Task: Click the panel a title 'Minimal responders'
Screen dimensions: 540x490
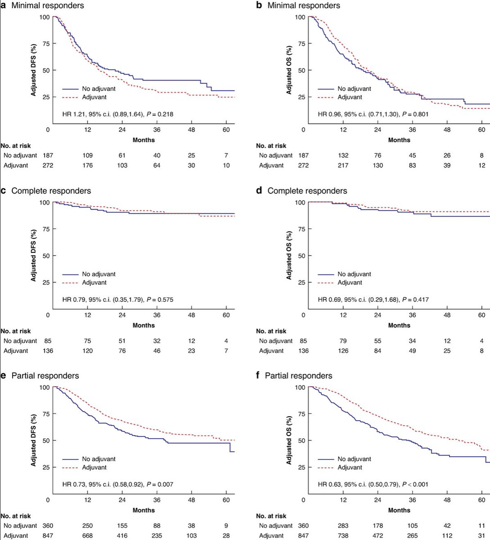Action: [47, 5]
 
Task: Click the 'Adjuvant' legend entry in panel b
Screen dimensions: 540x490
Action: [349, 97]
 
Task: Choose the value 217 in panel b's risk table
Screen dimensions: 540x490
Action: [343, 165]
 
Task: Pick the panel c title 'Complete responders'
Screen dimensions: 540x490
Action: [51, 191]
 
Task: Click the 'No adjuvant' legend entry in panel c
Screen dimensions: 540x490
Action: [99, 274]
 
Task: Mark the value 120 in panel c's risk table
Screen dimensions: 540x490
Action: [87, 351]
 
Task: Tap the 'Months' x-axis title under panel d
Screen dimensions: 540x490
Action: [399, 325]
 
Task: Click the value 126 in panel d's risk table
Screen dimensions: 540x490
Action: [343, 351]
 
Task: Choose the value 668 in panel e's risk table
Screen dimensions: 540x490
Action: [87, 535]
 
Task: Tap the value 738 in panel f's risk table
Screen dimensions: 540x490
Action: [343, 535]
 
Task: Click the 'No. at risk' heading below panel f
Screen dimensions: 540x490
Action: [271, 516]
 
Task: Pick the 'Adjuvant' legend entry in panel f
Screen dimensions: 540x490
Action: [349, 468]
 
